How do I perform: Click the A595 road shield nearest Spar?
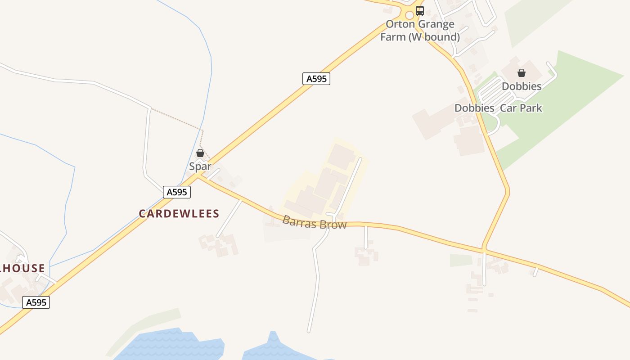[x=177, y=192]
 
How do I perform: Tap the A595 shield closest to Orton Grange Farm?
[x=316, y=79]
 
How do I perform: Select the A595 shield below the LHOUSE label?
[x=36, y=302]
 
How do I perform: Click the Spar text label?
[x=200, y=166]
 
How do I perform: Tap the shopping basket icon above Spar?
[x=200, y=153]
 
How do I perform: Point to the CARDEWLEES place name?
[x=179, y=214]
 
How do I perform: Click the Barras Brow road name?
[x=315, y=222]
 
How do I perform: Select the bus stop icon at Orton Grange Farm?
[x=420, y=11]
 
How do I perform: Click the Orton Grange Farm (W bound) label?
[x=420, y=31]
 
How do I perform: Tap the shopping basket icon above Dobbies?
[x=522, y=73]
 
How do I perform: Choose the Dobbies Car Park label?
[x=498, y=108]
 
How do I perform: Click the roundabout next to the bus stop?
[x=409, y=15]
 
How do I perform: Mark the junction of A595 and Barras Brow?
[x=198, y=176]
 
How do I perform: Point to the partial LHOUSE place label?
[x=22, y=269]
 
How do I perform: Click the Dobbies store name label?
[x=522, y=86]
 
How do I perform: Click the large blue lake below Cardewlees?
[x=171, y=346]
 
